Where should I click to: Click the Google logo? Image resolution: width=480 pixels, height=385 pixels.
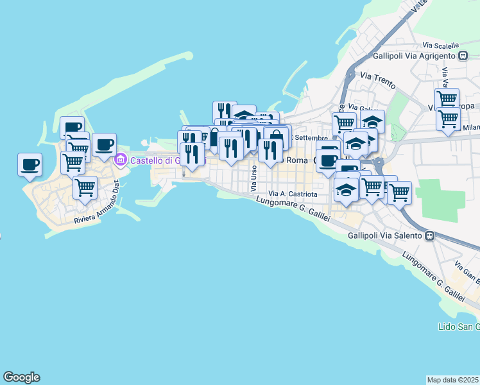click(21, 377)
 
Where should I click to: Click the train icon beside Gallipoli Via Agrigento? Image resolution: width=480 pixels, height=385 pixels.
click(463, 56)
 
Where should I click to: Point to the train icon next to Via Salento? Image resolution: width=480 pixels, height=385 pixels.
click(430, 236)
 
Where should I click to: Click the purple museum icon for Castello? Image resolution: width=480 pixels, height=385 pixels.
click(119, 160)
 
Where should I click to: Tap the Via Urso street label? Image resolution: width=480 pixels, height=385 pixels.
click(254, 178)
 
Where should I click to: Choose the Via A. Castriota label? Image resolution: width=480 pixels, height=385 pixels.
click(293, 193)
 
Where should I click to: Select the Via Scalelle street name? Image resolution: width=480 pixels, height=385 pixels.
click(441, 46)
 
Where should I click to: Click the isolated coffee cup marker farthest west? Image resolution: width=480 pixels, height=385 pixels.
click(30, 164)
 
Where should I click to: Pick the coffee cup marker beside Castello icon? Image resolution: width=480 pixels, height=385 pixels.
click(104, 144)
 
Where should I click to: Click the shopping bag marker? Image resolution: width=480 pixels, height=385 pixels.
click(276, 138)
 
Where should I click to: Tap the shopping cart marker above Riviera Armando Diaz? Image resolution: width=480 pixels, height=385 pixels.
click(85, 187)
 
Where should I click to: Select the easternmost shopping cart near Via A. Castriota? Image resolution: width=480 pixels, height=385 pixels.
click(399, 192)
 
